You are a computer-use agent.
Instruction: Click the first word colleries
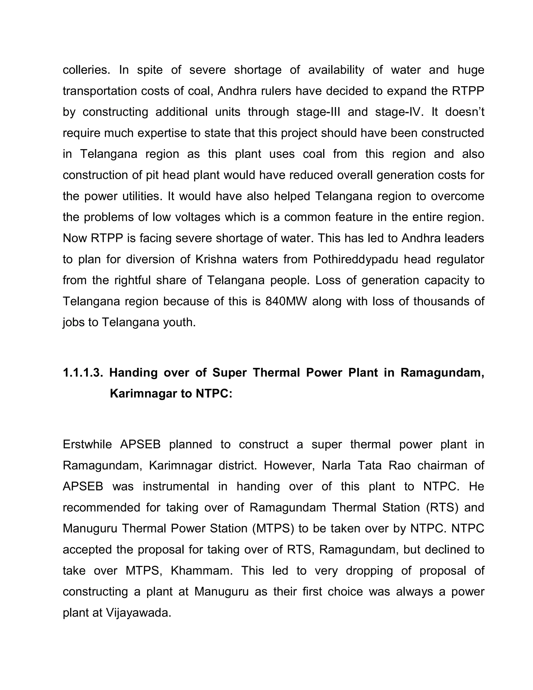tap(86, 70)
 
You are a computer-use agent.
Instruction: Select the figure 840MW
tap(286, 302)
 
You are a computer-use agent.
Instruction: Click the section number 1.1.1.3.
tap(83, 373)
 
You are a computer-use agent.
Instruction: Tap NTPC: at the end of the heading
tap(214, 394)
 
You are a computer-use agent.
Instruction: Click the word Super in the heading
tap(230, 373)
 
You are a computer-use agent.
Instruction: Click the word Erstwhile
tap(87, 444)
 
